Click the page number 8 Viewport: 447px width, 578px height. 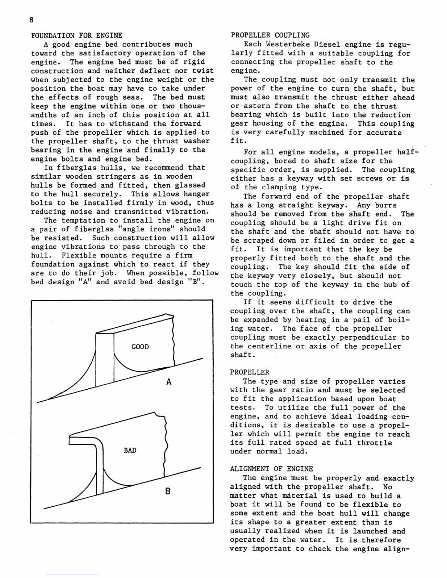tap(30, 19)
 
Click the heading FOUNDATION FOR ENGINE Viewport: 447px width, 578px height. tap(76, 35)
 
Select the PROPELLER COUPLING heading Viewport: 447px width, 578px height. tap(270, 35)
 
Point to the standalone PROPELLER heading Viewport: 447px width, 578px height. tap(250, 372)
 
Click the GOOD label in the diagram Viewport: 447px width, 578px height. tap(140, 346)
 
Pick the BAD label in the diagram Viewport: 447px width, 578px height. tap(130, 450)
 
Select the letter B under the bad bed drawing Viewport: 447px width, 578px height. tap(167, 490)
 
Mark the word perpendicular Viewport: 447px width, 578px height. tap(367, 337)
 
